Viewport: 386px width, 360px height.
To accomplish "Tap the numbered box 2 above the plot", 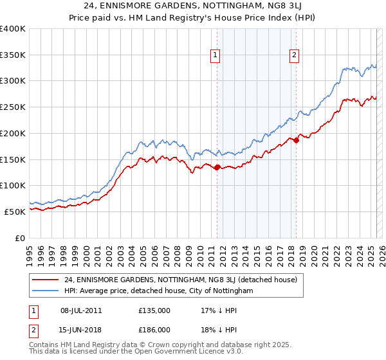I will [x=294, y=56].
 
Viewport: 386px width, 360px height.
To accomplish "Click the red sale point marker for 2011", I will [x=217, y=168].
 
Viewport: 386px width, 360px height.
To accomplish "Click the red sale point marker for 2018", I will [x=296, y=140].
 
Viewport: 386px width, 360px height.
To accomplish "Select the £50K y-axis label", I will [x=15, y=212].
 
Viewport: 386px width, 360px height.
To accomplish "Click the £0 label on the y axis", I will [x=21, y=238].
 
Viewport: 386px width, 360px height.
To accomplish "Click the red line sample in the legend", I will [x=45, y=280].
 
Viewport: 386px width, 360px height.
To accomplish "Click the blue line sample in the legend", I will [x=45, y=291].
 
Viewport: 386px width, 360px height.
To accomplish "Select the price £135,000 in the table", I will [x=154, y=310].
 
